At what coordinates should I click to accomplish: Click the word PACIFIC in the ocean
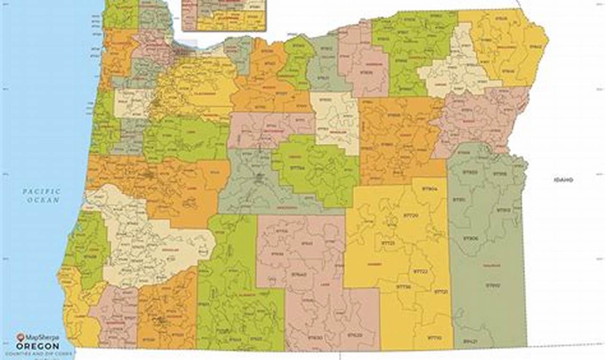pos(42,191)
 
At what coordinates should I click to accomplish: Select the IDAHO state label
pos(563,180)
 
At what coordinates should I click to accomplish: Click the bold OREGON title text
pos(38,347)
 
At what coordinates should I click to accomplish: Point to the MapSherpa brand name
pos(42,338)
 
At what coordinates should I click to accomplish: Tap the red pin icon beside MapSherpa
pos(20,337)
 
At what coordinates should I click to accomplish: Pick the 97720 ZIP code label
pos(410,215)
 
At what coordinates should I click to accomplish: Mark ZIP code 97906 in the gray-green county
pos(470,238)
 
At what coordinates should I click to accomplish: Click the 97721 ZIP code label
pos(441,292)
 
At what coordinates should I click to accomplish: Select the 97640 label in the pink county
pos(299,274)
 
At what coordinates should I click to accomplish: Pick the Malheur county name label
pos(491,265)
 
